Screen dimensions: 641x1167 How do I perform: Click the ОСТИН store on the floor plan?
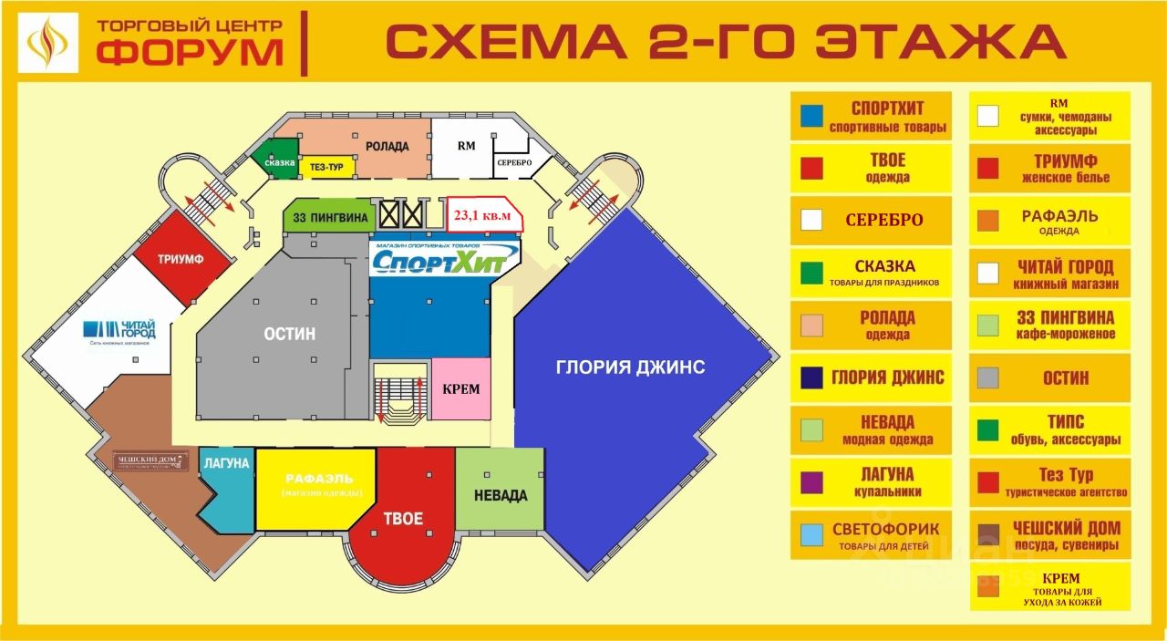pyautogui.click(x=290, y=334)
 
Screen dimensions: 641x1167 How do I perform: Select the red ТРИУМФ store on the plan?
pyautogui.click(x=180, y=259)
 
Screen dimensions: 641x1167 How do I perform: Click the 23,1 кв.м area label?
pyautogui.click(x=483, y=215)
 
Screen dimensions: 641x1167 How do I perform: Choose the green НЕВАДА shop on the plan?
pyautogui.click(x=500, y=495)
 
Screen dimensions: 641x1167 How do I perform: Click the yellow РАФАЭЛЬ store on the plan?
pyautogui.click(x=317, y=485)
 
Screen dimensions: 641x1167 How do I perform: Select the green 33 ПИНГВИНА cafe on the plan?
pyautogui.click(x=327, y=218)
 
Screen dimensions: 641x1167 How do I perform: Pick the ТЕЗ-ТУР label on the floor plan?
pyautogui.click(x=325, y=167)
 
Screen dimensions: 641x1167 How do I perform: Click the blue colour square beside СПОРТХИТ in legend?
pyautogui.click(x=811, y=116)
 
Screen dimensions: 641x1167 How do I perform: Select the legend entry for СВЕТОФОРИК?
pyautogui.click(x=871, y=535)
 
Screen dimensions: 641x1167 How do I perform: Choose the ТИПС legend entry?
pyautogui.click(x=1049, y=429)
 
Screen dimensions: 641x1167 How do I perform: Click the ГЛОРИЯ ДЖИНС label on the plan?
pyautogui.click(x=630, y=367)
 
